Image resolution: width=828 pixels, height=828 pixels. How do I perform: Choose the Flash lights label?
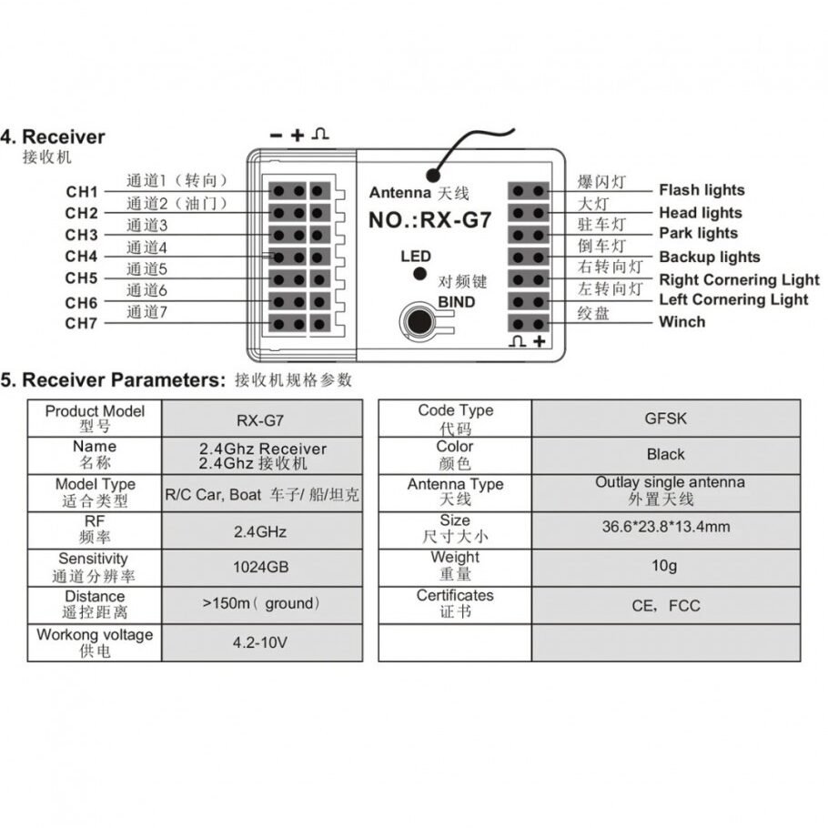point(702,190)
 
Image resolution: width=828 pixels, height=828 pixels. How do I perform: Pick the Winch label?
point(682,321)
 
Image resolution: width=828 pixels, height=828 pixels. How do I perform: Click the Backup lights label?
point(709,257)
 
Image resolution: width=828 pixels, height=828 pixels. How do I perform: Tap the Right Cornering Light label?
point(739,279)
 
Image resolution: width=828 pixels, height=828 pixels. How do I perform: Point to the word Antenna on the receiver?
point(399,193)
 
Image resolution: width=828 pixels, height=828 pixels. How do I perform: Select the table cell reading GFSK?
point(665,419)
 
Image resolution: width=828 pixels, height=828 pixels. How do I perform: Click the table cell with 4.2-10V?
point(261,642)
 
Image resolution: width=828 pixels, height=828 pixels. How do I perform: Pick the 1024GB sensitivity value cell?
point(261,567)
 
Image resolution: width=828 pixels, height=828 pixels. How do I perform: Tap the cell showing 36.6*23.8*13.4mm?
point(665,527)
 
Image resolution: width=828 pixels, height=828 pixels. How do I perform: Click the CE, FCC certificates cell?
point(665,605)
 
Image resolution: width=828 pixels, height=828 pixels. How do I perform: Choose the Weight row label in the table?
point(454,565)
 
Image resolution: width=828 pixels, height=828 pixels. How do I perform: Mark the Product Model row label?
point(95,419)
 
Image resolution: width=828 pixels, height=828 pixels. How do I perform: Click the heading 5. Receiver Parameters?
point(112,379)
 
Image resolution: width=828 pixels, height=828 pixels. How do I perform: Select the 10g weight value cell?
point(665,566)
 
